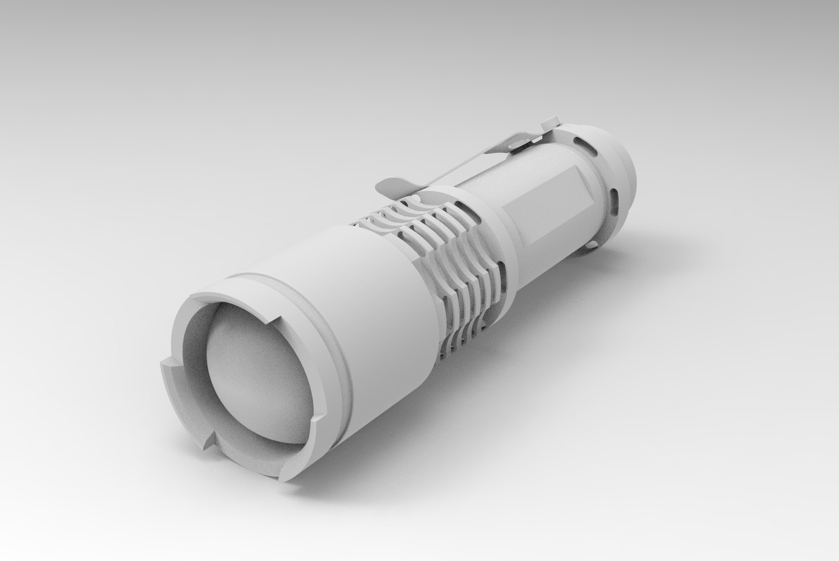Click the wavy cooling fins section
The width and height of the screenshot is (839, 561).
[442, 249]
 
